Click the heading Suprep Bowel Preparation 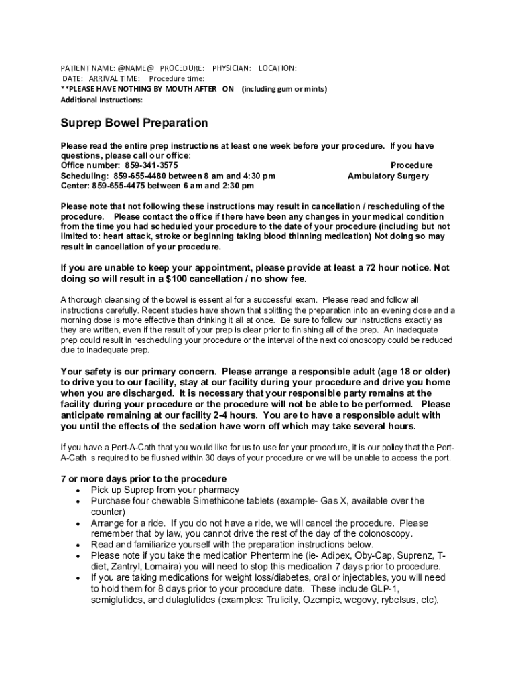pyautogui.click(x=134, y=123)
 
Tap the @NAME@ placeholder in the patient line pyautogui.click(x=136, y=68)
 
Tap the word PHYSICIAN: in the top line pyautogui.click(x=232, y=68)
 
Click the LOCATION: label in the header pyautogui.click(x=277, y=68)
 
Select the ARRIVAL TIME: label pyautogui.click(x=111, y=79)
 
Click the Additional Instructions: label pyautogui.click(x=101, y=100)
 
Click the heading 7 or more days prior pyautogui.click(x=143, y=479)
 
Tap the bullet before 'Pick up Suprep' pyautogui.click(x=79, y=490)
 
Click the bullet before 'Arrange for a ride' pyautogui.click(x=79, y=523)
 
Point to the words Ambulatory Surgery pyautogui.click(x=388, y=176)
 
